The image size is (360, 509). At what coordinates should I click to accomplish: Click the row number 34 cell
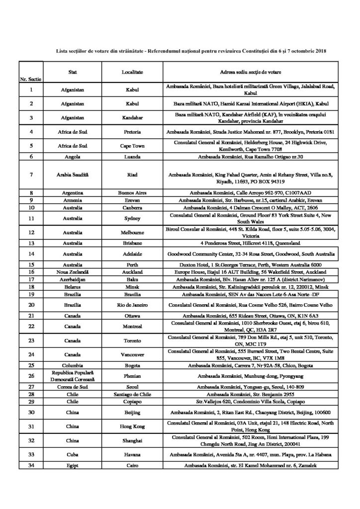click(x=31, y=464)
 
